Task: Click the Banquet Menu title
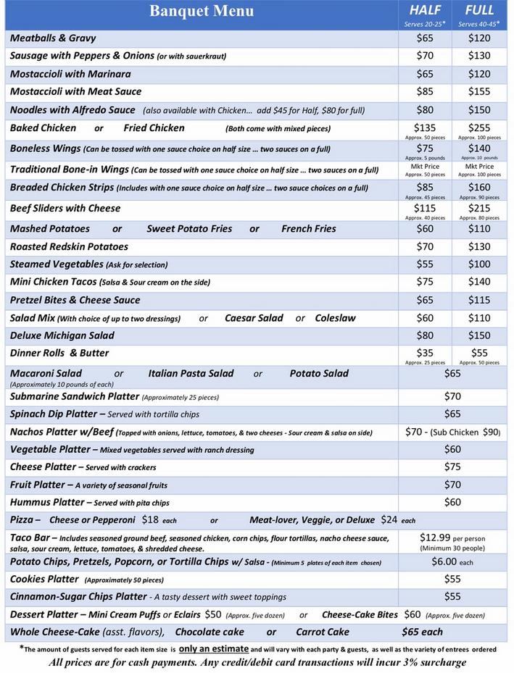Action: pos(202,11)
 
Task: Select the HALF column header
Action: pos(425,10)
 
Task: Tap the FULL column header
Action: pos(479,10)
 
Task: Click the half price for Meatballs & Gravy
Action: pos(425,38)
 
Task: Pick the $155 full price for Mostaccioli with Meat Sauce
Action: pos(479,91)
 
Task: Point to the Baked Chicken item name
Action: pos(43,128)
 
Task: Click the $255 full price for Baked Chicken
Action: pos(479,127)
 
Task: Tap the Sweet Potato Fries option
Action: pos(189,229)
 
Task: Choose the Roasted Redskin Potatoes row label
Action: pos(69,246)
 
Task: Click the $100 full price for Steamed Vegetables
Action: pos(479,264)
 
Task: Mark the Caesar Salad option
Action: pos(254,318)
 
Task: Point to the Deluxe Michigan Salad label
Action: pos(62,335)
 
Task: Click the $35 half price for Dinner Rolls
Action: pos(425,352)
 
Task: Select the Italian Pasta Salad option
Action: pos(191,374)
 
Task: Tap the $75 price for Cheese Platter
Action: pos(452,467)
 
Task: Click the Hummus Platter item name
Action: pos(47,502)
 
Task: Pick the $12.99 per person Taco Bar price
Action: pos(435,538)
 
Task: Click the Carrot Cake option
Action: pos(323,632)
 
